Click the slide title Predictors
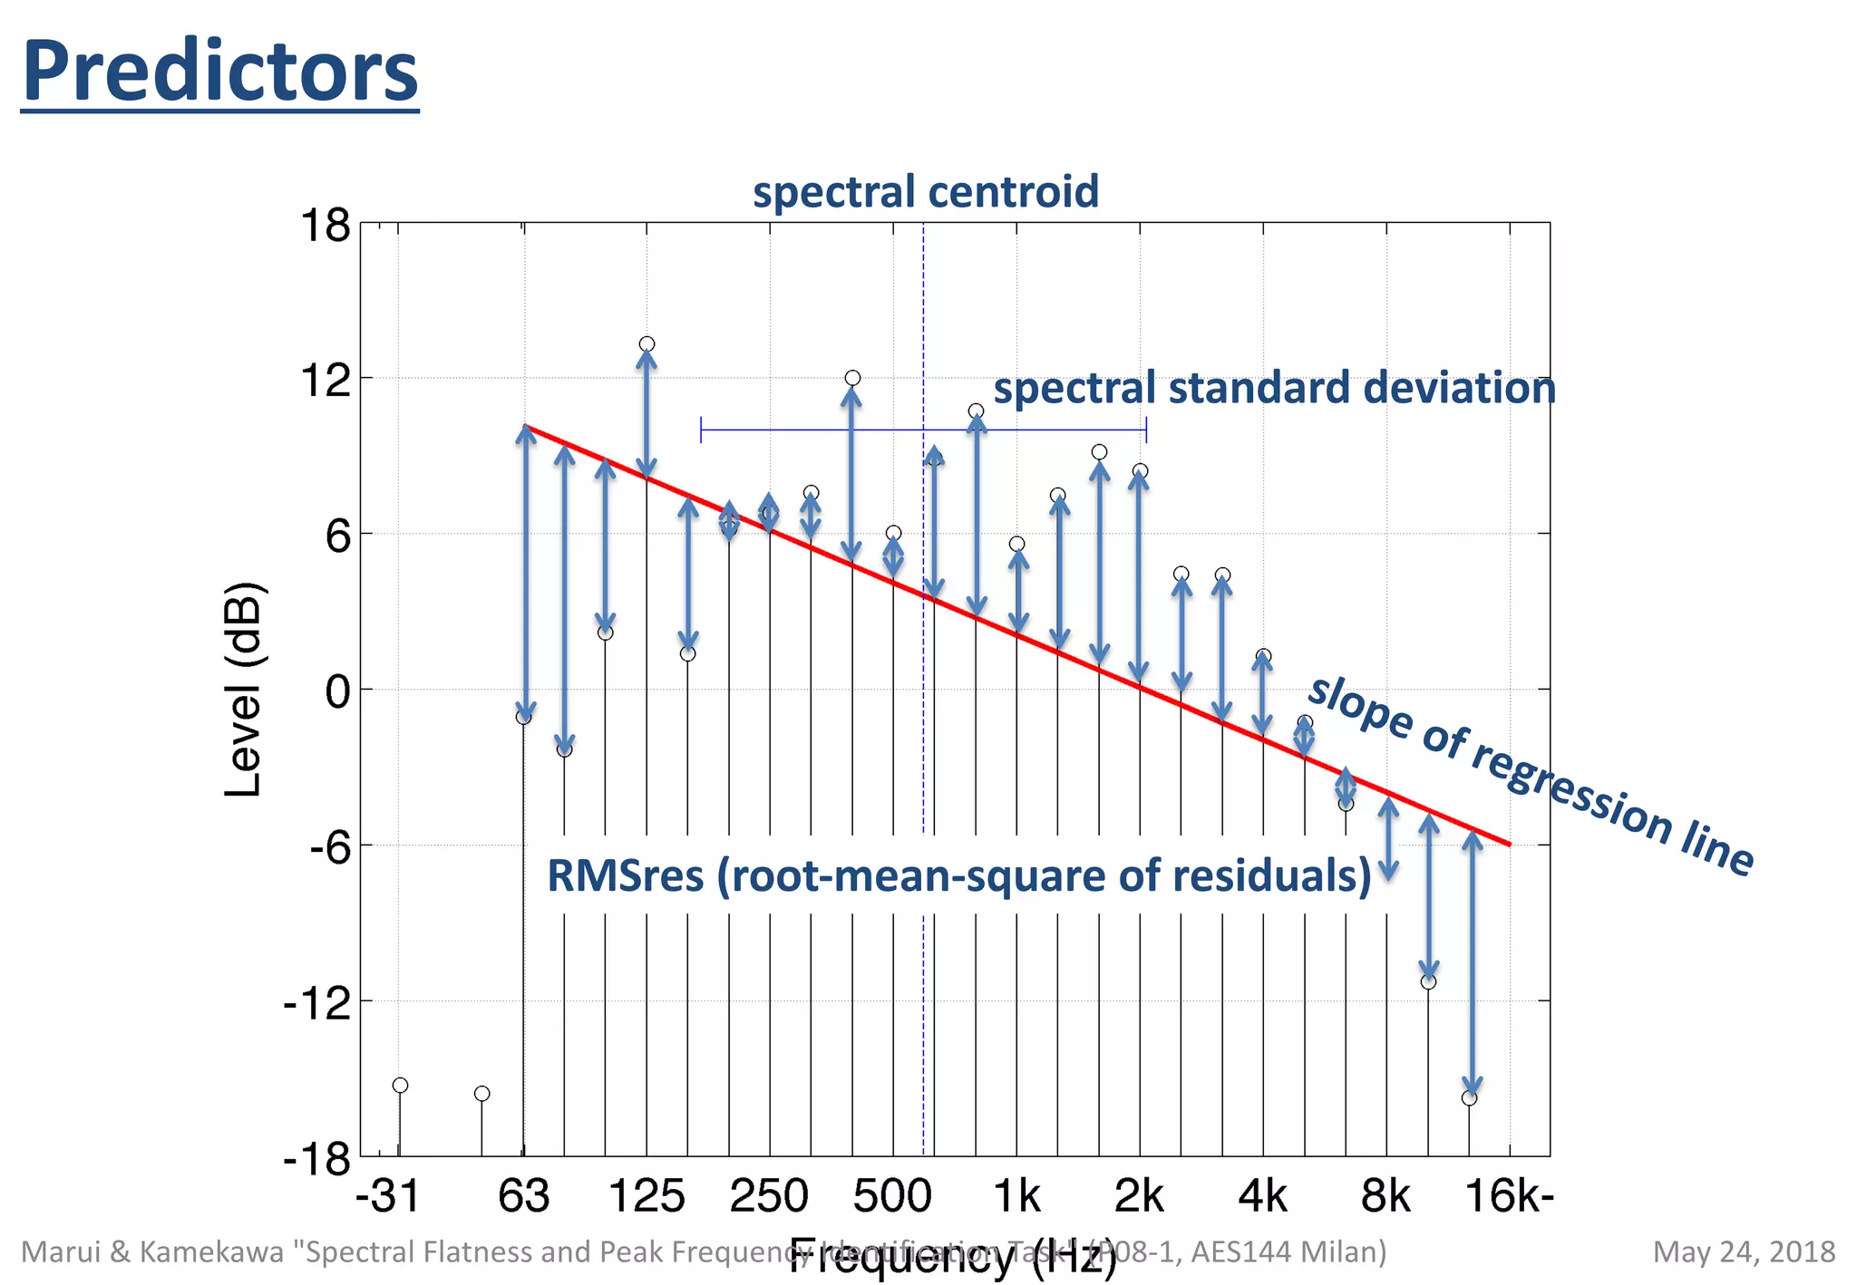point(219,72)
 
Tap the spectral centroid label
point(925,192)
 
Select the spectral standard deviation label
point(1274,388)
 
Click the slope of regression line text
point(1531,776)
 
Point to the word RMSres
point(626,876)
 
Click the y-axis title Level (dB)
point(243,689)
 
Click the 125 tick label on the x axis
point(646,1196)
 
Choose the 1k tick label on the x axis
point(1016,1196)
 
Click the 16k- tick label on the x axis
point(1510,1196)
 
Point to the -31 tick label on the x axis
point(388,1196)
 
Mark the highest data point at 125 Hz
point(647,344)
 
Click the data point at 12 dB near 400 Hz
point(852,378)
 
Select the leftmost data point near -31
point(400,1086)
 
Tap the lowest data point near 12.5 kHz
point(1470,1098)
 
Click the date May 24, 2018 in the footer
point(1744,1251)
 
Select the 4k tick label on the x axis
point(1262,1196)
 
